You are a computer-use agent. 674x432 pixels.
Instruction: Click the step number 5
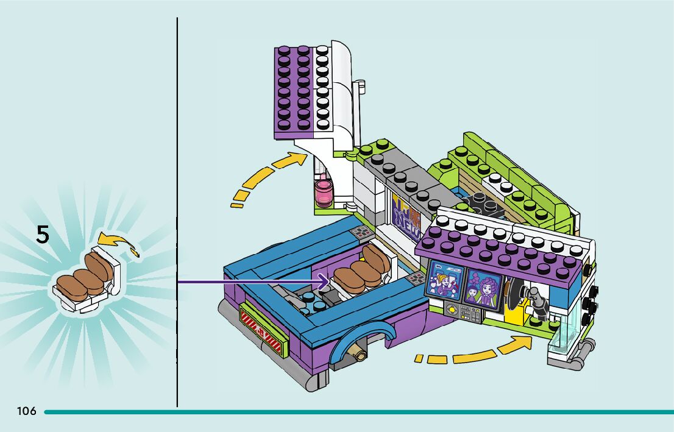click(x=42, y=235)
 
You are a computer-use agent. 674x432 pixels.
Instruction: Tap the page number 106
click(x=27, y=411)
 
